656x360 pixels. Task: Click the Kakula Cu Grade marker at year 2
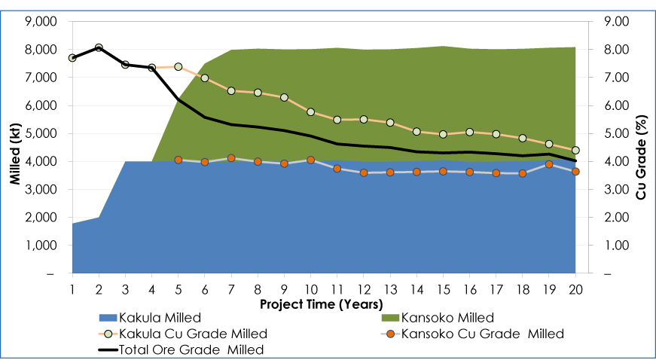click(x=99, y=47)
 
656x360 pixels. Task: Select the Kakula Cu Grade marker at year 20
click(x=575, y=151)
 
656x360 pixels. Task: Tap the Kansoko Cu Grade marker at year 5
click(x=178, y=160)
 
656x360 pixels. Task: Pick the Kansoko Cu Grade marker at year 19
click(x=549, y=164)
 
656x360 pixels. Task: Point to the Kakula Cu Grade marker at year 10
click(x=310, y=111)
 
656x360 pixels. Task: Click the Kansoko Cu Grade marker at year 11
click(x=337, y=169)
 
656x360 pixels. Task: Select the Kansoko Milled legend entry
click(x=449, y=317)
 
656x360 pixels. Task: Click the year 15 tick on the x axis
click(x=443, y=290)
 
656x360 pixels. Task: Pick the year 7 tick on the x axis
click(x=230, y=290)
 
